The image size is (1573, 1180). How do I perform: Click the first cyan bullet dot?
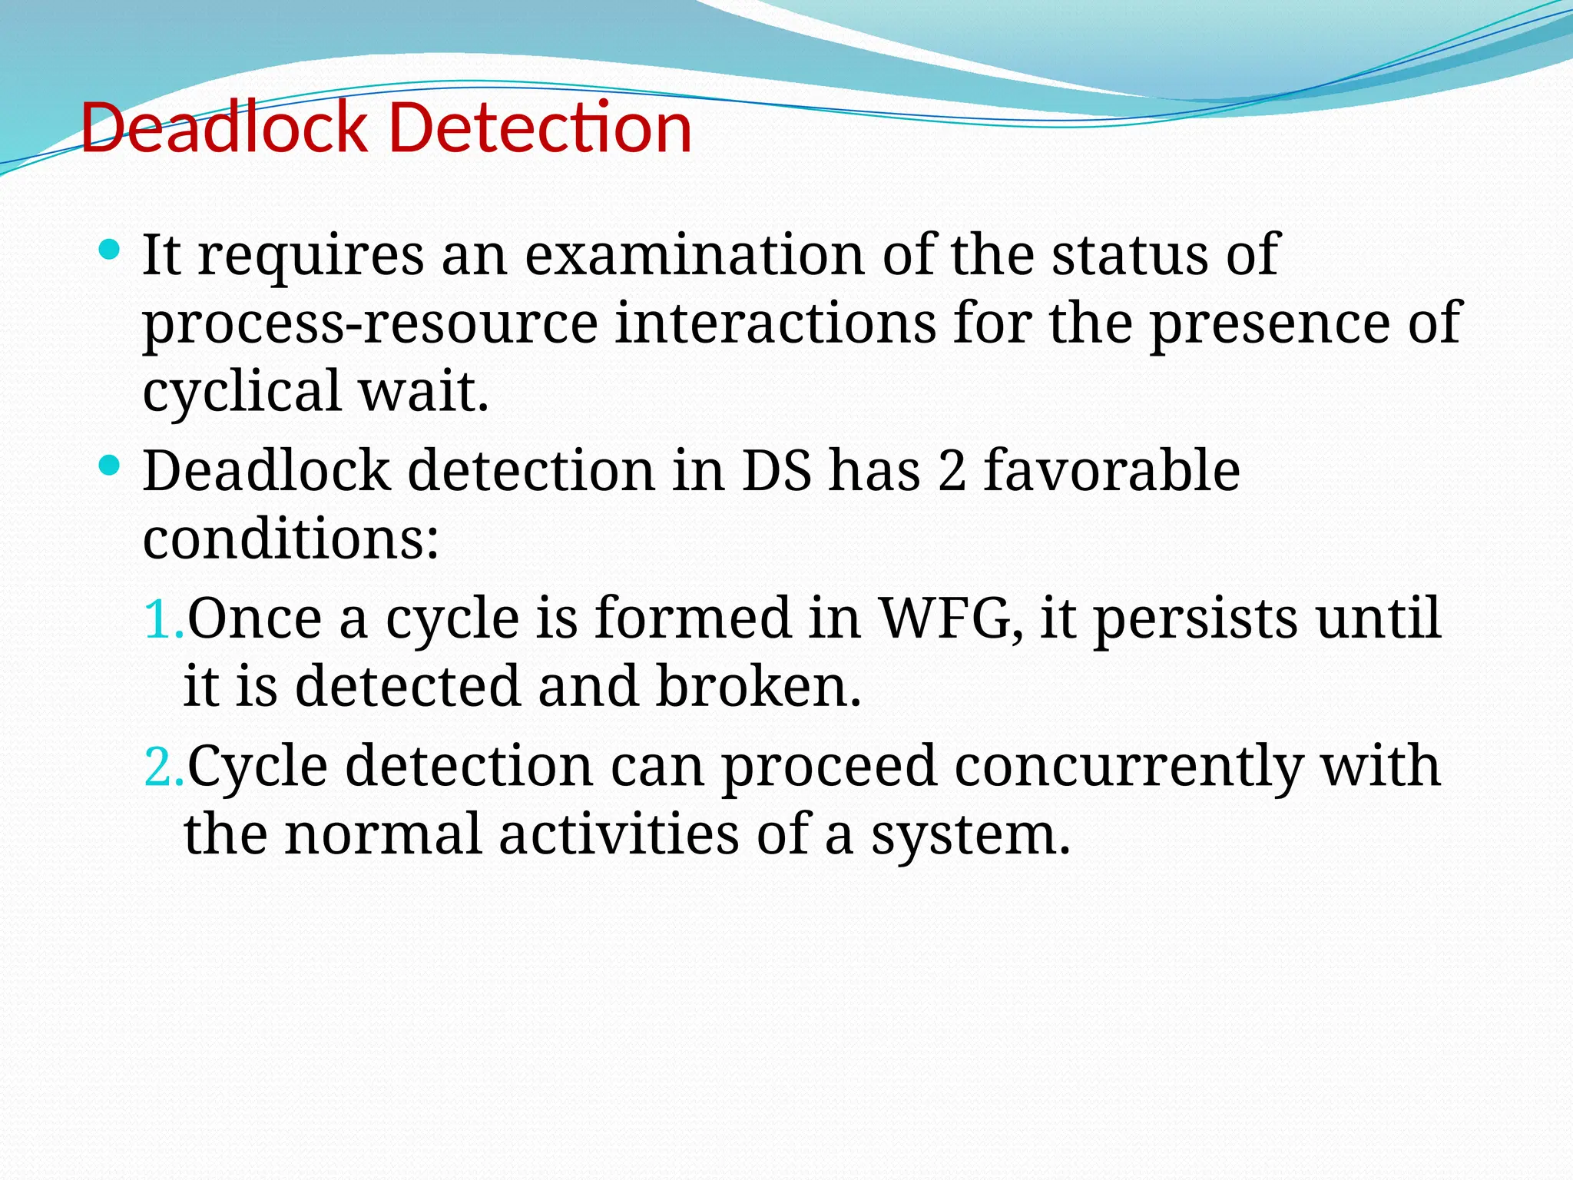click(x=110, y=249)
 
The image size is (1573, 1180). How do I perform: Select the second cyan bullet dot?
click(x=110, y=465)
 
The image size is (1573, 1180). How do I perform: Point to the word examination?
click(x=694, y=255)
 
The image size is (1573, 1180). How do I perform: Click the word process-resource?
click(x=370, y=324)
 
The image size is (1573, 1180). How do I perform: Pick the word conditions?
click(x=290, y=539)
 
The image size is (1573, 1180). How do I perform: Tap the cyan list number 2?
click(x=163, y=767)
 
